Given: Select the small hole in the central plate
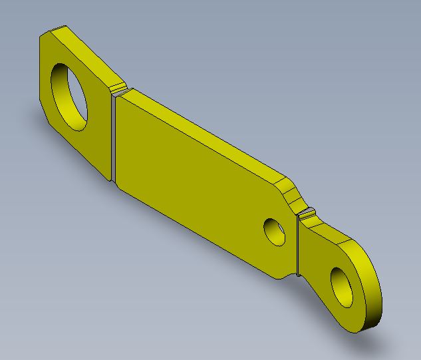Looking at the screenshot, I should point(275,231).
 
